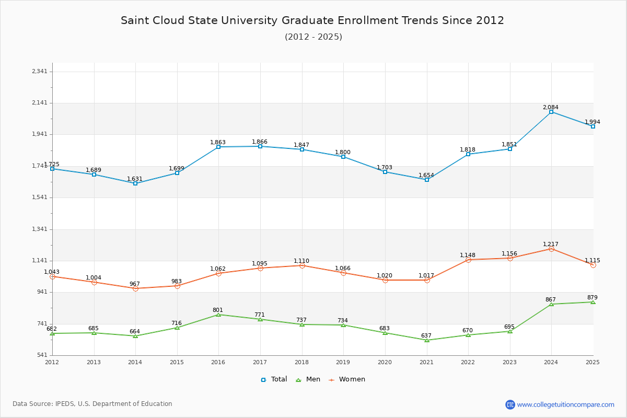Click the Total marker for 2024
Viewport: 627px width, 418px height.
click(551, 112)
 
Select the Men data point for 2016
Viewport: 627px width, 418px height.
click(218, 315)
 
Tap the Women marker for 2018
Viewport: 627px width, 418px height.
click(302, 265)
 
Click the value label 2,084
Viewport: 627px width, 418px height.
click(550, 107)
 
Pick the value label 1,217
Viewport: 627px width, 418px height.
click(551, 244)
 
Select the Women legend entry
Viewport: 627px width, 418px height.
click(347, 379)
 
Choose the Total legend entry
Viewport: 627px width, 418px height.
click(274, 379)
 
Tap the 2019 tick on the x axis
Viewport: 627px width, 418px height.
click(343, 362)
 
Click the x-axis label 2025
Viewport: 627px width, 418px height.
click(593, 362)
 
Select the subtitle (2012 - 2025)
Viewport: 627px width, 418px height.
click(313, 37)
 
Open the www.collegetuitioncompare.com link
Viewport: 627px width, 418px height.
click(565, 404)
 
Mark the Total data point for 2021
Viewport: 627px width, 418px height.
click(427, 180)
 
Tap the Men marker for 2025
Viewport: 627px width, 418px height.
click(593, 302)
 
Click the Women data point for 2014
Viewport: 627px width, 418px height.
click(135, 288)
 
